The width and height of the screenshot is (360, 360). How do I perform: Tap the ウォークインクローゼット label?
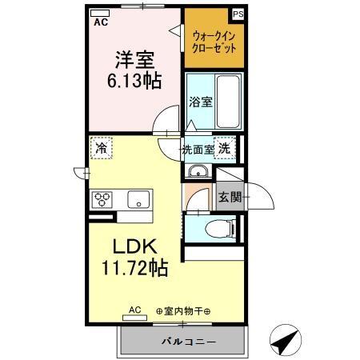[x=212, y=41]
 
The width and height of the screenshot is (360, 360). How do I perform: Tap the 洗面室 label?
[x=198, y=149]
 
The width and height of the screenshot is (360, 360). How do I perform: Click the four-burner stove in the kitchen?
[x=102, y=199]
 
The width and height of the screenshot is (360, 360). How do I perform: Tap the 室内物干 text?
[x=183, y=312]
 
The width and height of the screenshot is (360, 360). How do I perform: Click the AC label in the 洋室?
[x=102, y=23]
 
